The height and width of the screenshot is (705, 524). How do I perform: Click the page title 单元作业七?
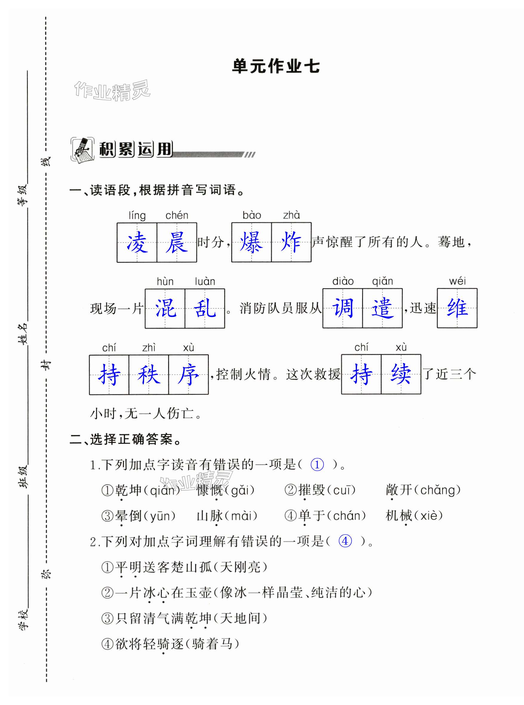276,66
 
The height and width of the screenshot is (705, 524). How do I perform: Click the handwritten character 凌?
137,243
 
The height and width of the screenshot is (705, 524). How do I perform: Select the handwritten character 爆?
251,243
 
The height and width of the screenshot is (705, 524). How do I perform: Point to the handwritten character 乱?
205,309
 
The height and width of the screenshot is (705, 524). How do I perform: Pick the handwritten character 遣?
382,308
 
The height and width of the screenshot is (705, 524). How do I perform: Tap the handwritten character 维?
457,308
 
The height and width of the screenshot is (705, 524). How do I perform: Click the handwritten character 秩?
149,375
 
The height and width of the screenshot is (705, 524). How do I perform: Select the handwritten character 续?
401,374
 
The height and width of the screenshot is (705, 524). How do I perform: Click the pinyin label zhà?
291,215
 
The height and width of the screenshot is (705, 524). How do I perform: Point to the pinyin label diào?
343,281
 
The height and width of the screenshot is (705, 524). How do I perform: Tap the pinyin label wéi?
457,281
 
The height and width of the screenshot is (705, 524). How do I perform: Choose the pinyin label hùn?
165,281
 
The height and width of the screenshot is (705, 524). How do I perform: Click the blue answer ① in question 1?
317,465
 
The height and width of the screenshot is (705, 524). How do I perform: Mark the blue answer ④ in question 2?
345,541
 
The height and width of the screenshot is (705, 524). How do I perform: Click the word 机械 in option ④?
399,516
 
